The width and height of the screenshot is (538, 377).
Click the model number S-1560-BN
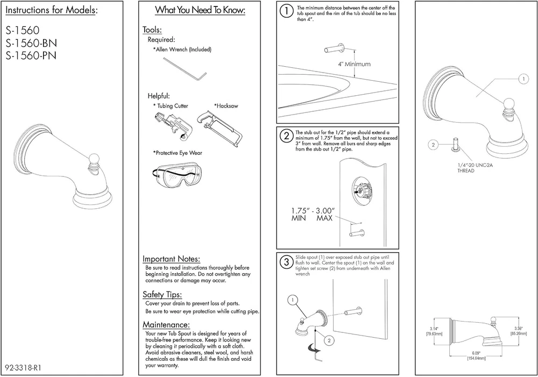tap(31, 42)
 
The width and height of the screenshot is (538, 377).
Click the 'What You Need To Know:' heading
tap(200, 10)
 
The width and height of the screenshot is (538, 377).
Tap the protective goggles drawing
tap(177, 174)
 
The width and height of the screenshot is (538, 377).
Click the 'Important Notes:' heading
tap(171, 259)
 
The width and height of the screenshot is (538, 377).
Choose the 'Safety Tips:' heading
tap(162, 294)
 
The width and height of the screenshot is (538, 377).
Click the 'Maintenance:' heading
tap(166, 324)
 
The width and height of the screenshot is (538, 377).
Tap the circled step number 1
tap(287, 10)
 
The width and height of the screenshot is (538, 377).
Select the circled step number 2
tap(287, 134)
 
